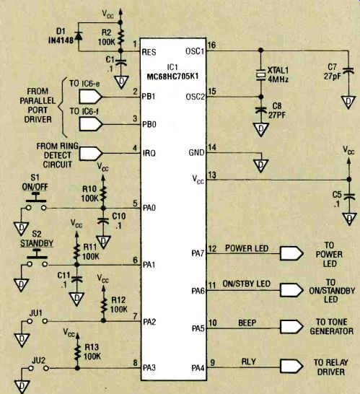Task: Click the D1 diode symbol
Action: point(79,36)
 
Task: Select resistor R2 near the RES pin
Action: point(120,37)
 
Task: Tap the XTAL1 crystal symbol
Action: point(260,74)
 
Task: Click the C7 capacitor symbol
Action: point(348,71)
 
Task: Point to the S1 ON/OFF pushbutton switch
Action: point(36,202)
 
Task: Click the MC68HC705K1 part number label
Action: point(172,76)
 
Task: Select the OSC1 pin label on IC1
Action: point(195,51)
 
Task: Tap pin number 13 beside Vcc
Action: point(212,175)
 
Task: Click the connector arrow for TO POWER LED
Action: point(291,253)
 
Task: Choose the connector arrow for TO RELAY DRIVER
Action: point(291,367)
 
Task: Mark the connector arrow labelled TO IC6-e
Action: point(91,97)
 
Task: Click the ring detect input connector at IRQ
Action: point(91,154)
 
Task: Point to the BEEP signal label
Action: point(247,323)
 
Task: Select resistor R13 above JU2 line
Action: point(77,351)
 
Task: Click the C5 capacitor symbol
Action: point(349,196)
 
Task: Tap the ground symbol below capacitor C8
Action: point(260,130)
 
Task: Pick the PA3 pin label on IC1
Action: point(149,368)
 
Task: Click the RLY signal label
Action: point(248,362)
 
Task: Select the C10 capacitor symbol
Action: point(103,221)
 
